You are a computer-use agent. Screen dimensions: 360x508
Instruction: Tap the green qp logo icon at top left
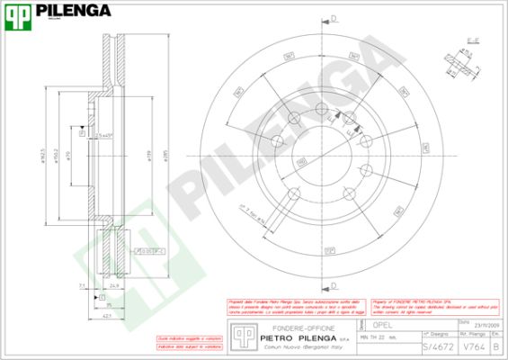(x=20, y=13)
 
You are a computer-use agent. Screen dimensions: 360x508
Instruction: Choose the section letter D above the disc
(x=334, y=18)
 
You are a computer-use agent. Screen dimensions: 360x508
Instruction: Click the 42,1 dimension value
(x=106, y=316)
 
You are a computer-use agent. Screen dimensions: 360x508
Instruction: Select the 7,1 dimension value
(x=81, y=286)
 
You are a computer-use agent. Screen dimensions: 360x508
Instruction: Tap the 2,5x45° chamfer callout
(x=105, y=135)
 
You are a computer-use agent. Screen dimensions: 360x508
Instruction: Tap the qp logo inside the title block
(x=242, y=335)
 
